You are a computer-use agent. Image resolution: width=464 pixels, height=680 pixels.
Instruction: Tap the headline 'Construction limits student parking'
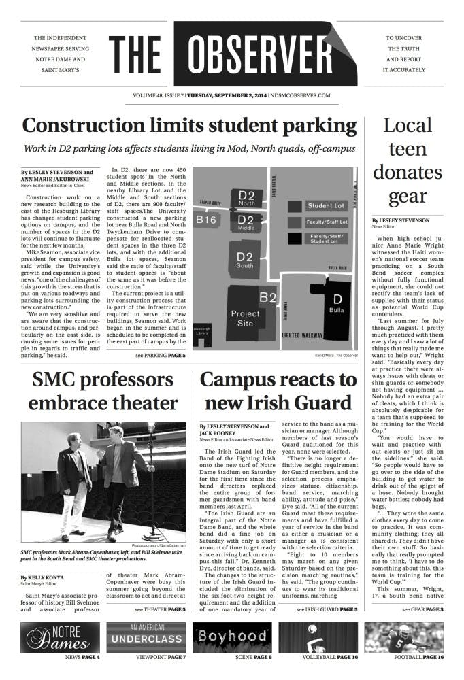[189, 126]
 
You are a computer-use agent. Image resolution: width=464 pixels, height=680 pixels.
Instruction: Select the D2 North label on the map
[246, 199]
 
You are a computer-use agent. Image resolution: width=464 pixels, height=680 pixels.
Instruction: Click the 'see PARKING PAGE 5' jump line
[160, 355]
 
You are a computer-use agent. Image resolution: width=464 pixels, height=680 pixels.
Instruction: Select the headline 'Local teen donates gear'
[407, 161]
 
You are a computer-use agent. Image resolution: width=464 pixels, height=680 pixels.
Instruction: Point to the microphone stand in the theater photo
[151, 483]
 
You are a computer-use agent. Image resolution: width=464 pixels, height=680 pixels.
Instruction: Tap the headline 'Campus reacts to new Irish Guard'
[278, 391]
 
